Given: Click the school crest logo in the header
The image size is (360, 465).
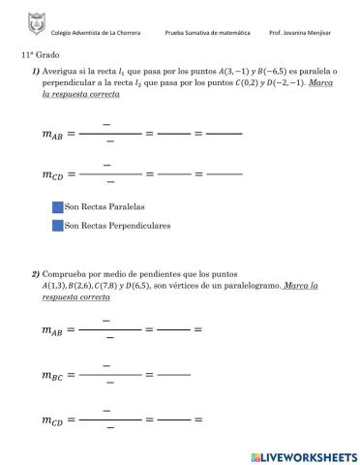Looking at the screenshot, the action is pos(35,20).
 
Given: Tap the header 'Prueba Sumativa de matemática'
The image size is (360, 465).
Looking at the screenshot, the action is pos(207,33).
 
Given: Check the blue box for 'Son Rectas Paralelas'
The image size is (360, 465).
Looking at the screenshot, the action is pos(57,206).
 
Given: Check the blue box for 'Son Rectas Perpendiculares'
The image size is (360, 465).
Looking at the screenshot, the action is pos(57,225).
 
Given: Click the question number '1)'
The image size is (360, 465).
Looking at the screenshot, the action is pos(35,73).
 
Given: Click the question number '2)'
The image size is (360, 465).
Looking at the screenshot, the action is pos(35,274).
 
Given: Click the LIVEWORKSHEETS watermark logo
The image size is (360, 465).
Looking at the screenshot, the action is pos(303,455).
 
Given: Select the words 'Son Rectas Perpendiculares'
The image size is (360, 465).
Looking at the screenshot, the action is pos(117,225).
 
